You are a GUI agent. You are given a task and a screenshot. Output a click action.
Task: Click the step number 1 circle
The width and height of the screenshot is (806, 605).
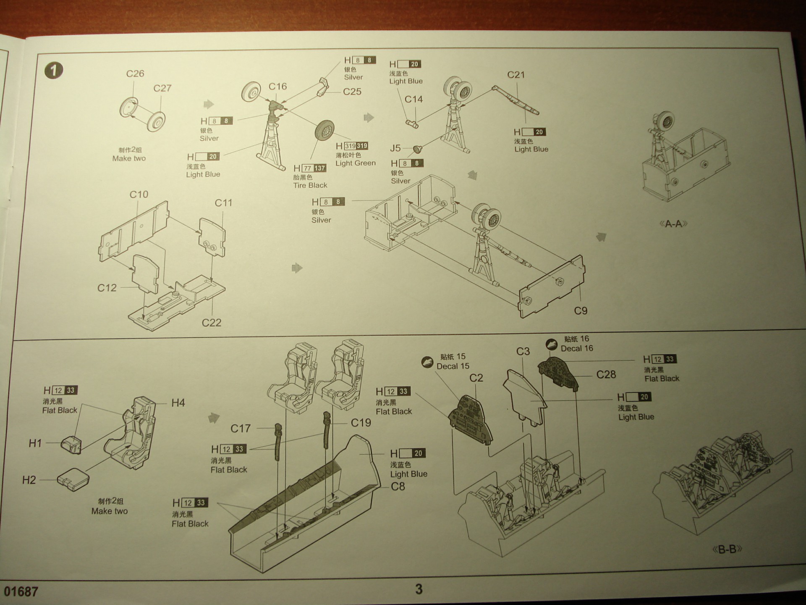[54, 70]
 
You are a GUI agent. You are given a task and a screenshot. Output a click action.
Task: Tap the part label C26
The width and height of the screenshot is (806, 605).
[135, 74]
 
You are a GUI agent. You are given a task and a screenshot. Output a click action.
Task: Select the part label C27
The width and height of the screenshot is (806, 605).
[162, 88]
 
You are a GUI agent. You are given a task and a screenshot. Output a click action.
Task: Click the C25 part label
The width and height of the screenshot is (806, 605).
[352, 92]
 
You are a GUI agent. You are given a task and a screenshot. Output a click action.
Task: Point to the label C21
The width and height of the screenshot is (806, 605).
[516, 75]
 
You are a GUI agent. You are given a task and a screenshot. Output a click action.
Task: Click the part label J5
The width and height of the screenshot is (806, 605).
[395, 148]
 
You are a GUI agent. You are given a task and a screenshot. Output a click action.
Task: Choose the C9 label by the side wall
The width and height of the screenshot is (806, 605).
[581, 311]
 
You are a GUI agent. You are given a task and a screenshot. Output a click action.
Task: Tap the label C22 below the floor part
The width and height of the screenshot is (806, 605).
[211, 323]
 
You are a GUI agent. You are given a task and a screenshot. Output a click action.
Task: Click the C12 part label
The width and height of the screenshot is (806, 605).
[107, 288]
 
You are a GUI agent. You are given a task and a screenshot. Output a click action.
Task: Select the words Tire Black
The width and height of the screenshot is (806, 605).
[310, 185]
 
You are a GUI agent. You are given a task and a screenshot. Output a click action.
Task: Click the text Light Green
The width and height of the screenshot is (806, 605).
[356, 163]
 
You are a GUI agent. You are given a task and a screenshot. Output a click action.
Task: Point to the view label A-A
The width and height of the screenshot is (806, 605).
[673, 224]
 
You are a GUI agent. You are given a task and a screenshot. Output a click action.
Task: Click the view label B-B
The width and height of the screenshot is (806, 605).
[727, 549]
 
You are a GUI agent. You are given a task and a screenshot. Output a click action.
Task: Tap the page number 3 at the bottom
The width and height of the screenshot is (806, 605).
[419, 589]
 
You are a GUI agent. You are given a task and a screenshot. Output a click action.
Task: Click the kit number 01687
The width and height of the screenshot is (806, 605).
[21, 592]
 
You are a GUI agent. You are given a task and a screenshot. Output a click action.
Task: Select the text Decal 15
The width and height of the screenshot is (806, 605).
[453, 366]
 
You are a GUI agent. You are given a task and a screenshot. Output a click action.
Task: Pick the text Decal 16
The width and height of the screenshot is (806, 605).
[577, 348]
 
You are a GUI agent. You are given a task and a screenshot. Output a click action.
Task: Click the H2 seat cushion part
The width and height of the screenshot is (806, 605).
[73, 479]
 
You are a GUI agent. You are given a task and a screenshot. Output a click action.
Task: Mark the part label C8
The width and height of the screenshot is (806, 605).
[398, 487]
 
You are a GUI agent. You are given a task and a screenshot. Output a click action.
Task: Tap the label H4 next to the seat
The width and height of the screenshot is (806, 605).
[178, 403]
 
